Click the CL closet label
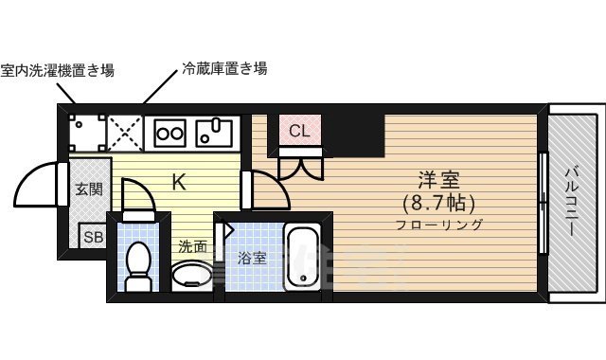point(299,131)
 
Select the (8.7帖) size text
point(437,203)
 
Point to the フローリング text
point(439,225)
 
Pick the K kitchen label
point(178,182)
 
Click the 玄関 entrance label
point(89,189)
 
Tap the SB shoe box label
point(92,237)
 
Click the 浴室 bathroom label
point(251,257)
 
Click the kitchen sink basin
point(216,133)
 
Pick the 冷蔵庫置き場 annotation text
point(223,68)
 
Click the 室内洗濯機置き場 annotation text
point(58,70)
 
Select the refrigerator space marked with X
point(124,132)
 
